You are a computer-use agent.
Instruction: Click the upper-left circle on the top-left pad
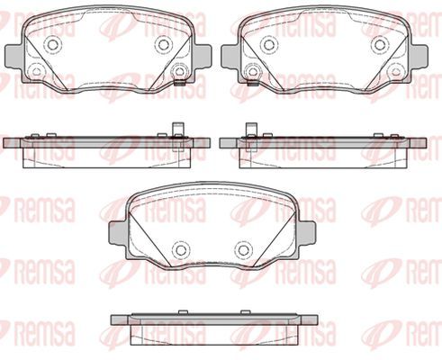point(55,44)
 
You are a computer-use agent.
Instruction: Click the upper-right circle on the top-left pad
point(164,44)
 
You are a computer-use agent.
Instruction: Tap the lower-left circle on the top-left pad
point(37,71)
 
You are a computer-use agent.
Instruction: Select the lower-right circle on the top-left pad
point(179,71)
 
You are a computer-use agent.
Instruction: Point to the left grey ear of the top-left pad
point(14,57)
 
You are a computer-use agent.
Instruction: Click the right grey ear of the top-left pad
point(203,57)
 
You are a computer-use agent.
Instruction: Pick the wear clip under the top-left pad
point(179,84)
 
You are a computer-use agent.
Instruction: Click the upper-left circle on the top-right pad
point(269,44)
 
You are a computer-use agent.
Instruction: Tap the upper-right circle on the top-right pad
point(379,44)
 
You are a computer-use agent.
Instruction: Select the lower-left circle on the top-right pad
point(253,71)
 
